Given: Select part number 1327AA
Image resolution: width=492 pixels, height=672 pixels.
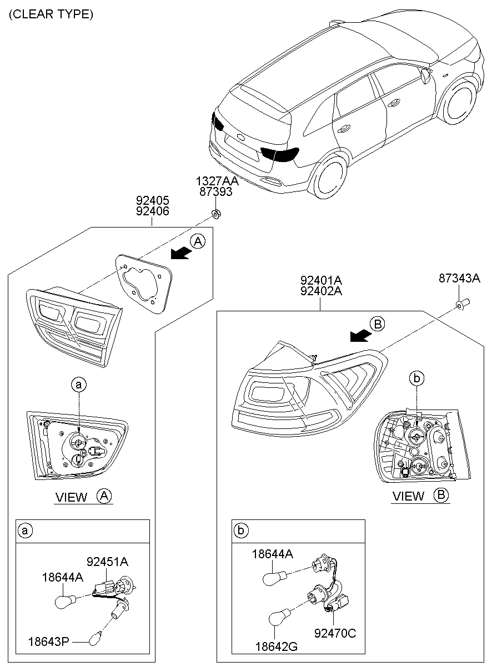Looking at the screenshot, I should click(x=217, y=181).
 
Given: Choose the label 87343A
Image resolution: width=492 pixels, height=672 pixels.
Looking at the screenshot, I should click(x=459, y=279).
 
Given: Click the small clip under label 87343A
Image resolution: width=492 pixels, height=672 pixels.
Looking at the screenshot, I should click(x=460, y=304).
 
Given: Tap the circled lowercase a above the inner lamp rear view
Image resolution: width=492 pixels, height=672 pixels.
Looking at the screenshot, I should click(x=79, y=383).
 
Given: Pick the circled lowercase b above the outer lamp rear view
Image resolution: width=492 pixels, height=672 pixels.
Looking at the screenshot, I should click(x=416, y=378).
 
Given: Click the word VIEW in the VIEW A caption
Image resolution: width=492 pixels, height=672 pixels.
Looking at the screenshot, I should click(x=71, y=497).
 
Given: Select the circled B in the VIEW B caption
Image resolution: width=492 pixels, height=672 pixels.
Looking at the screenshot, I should click(x=441, y=496).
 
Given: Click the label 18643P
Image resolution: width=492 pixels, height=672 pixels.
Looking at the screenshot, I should click(x=49, y=641).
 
